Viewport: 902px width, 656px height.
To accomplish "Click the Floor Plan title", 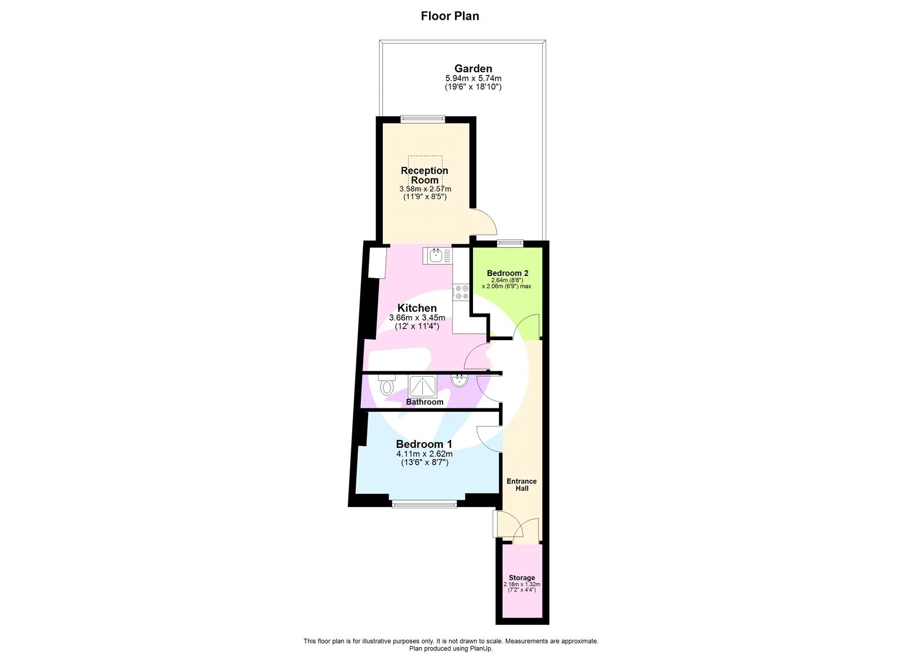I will pos(450,16).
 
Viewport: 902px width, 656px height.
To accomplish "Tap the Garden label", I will pos(473,69).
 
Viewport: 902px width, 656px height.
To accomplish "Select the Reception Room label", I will pos(425,175).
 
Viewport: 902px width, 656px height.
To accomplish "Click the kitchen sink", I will pos(437,256).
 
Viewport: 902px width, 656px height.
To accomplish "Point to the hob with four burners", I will pos(462,292).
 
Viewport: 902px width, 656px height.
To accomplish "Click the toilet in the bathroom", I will pos(387,386).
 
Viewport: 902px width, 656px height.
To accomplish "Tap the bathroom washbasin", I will pos(459,381).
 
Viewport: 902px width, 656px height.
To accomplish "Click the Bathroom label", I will pos(425,402).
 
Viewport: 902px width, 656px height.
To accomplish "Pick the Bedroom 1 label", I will pos(424,444).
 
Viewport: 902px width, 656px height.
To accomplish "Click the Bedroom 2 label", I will pos(507,273).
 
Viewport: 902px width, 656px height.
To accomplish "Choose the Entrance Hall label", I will pos(521,485).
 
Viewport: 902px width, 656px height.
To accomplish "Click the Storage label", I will pos(521,578).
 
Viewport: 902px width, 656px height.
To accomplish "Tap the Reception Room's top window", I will pos(423,119).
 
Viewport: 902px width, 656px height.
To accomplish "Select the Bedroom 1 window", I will pos(424,503).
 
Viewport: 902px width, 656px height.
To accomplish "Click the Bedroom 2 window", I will pos(510,244).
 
